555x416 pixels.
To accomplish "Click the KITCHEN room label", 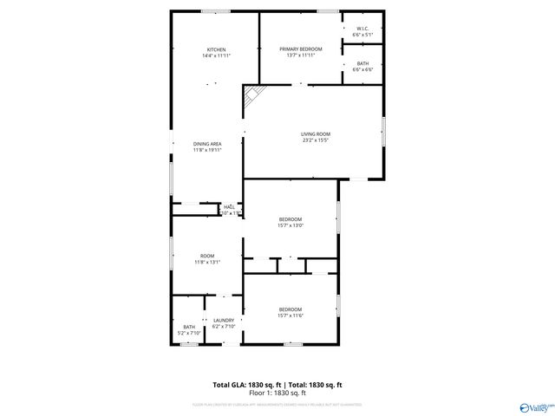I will coord(216,49).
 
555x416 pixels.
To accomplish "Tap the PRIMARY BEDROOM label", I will coord(301,49).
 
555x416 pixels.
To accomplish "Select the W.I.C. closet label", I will coord(362,29).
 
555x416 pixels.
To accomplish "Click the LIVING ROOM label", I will coord(315,133).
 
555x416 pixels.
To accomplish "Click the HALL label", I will coord(230,206).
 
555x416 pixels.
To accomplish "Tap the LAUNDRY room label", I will coord(224,321).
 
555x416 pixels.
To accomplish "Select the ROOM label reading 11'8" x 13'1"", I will coord(207,256).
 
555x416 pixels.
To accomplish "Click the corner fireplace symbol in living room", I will coord(251,96).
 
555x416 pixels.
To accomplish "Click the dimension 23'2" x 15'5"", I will coord(315,140).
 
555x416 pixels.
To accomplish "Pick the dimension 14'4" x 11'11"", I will coord(216,55).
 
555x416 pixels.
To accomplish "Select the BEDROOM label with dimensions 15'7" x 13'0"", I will coord(290,218).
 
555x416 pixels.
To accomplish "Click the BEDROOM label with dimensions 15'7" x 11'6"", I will coord(290,309).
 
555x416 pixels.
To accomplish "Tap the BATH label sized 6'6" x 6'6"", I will coord(362,63).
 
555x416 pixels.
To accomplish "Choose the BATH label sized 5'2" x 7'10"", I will coord(188,327).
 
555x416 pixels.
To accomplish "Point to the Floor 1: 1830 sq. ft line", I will coord(277,393).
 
